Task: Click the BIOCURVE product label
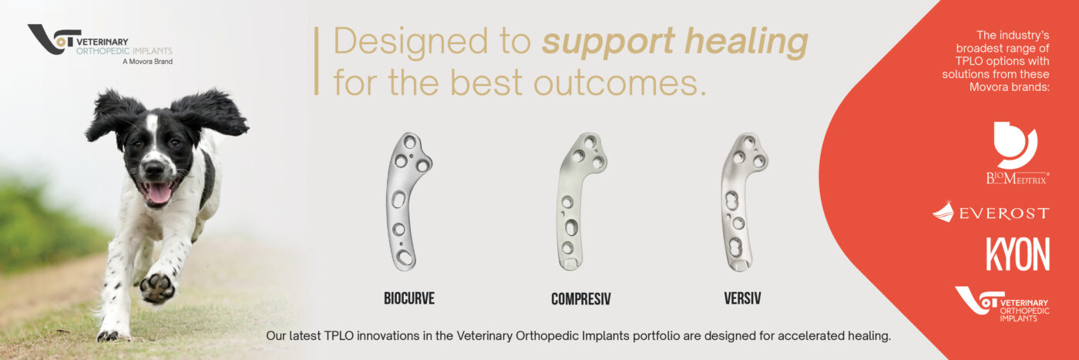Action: pos(409,298)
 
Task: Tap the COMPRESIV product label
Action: pos(581,299)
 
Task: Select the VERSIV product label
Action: pos(742,298)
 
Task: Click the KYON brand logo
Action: pos(1017,254)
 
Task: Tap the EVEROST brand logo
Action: pos(991,213)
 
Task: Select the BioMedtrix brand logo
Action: pos(1017,153)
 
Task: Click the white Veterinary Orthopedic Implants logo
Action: pos(1003,304)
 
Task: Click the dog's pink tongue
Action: pos(159,193)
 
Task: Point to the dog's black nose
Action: pos(154,169)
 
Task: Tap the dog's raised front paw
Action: pos(157,288)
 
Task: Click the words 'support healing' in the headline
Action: pos(675,42)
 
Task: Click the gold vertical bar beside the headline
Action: pos(317,61)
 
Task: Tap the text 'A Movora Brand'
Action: pos(147,62)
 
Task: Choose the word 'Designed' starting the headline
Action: pos(410,42)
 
